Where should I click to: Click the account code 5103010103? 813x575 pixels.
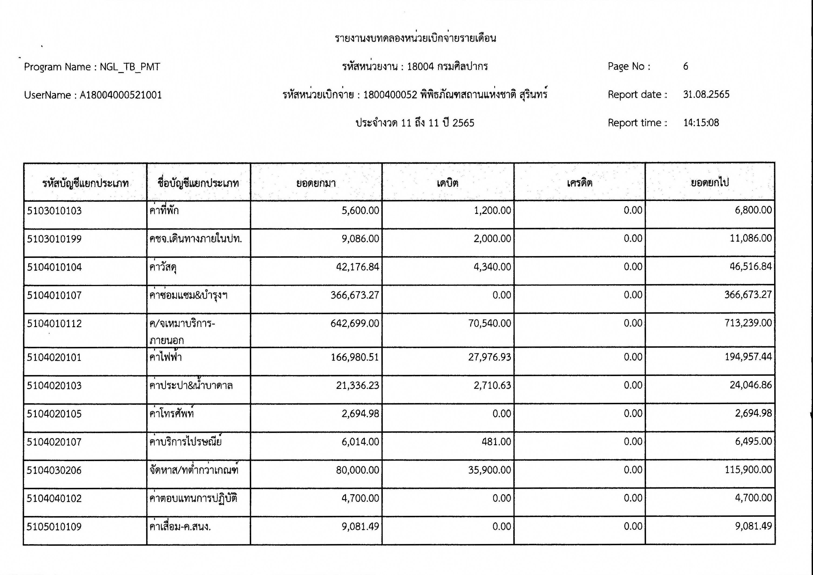coord(54,211)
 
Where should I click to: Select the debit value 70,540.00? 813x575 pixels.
coord(489,323)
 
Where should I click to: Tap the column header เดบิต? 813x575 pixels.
coord(447,183)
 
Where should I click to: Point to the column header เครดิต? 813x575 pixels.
coord(579,183)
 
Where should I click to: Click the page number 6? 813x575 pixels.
coord(685,66)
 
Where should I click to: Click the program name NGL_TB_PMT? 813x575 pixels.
coord(130,67)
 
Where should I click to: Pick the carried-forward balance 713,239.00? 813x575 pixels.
coord(748,323)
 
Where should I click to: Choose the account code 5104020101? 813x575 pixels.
coord(54,357)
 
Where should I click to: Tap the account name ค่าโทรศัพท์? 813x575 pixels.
coord(171,414)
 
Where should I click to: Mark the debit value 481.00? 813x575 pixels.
coord(496,442)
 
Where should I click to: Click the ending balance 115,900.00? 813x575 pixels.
coord(748,469)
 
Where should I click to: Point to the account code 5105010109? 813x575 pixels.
coord(54,527)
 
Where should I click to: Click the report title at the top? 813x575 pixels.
coord(415,38)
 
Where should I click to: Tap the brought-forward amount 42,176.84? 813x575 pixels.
coord(357,267)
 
